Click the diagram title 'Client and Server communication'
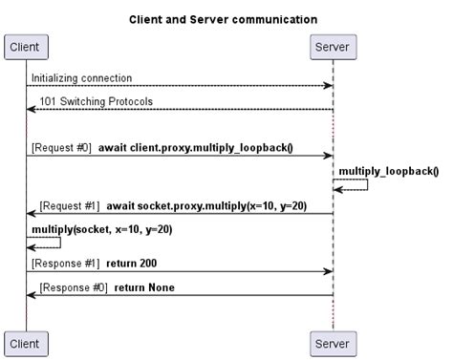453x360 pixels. tap(222, 18)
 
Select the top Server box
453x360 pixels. tap(333, 47)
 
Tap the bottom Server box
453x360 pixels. tap(333, 342)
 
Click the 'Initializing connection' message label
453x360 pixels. tap(81, 77)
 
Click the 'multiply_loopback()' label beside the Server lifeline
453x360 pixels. tap(388, 171)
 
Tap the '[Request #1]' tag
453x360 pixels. tap(70, 205)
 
